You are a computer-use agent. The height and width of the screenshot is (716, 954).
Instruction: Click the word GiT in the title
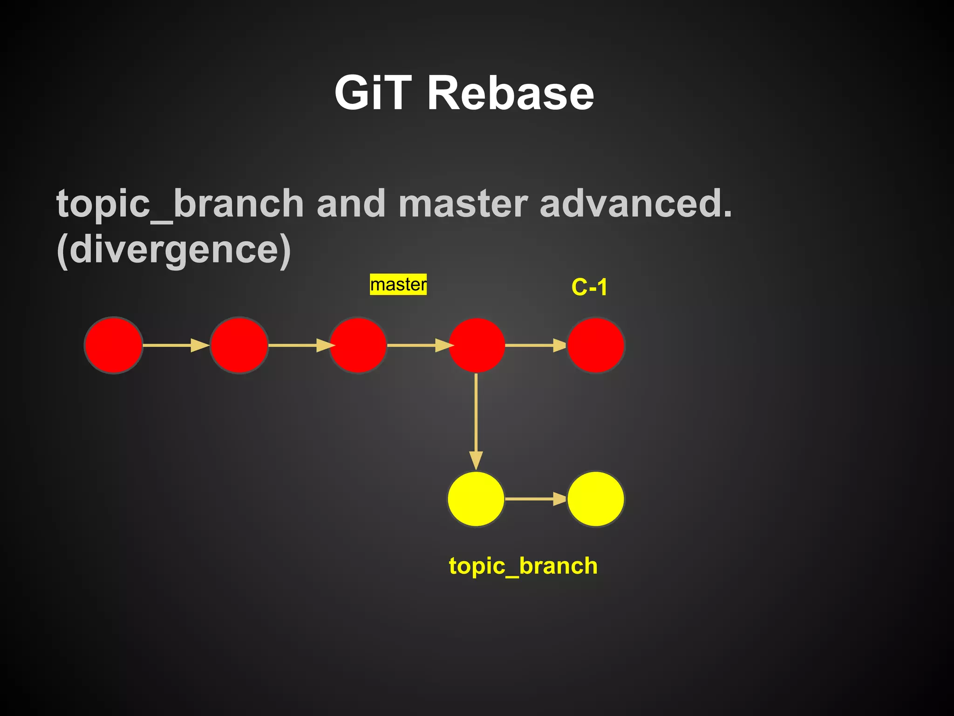[x=373, y=93]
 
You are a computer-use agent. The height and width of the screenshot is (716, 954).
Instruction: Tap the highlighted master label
[x=398, y=284]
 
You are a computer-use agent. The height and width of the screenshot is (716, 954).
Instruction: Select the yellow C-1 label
[x=589, y=287]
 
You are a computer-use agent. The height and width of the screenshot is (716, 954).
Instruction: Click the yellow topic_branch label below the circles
[x=523, y=566]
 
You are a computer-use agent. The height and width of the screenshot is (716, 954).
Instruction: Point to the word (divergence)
[x=173, y=250]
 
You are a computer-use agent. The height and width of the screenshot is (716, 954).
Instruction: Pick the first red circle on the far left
[x=113, y=345]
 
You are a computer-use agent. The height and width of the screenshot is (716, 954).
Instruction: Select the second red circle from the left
[x=239, y=345]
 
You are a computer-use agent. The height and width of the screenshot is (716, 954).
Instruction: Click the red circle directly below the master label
[x=358, y=345]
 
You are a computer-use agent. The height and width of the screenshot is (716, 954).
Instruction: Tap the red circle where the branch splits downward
[x=477, y=345]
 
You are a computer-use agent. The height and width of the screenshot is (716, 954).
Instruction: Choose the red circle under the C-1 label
[x=595, y=345]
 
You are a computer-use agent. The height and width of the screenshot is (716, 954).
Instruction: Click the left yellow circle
[x=476, y=499]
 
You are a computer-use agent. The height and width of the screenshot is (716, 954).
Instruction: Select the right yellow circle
[x=595, y=499]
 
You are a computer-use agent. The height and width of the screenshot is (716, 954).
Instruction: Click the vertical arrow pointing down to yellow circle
[x=476, y=420]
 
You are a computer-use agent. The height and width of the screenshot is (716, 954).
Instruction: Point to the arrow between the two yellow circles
[x=536, y=499]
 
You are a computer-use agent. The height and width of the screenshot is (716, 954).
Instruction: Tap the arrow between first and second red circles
[x=176, y=345]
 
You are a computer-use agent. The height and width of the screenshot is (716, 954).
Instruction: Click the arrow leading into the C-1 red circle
[x=536, y=345]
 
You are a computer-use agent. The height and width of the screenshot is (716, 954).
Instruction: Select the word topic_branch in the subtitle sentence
[x=180, y=204]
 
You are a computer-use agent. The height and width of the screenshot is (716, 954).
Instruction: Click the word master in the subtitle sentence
[x=463, y=204]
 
